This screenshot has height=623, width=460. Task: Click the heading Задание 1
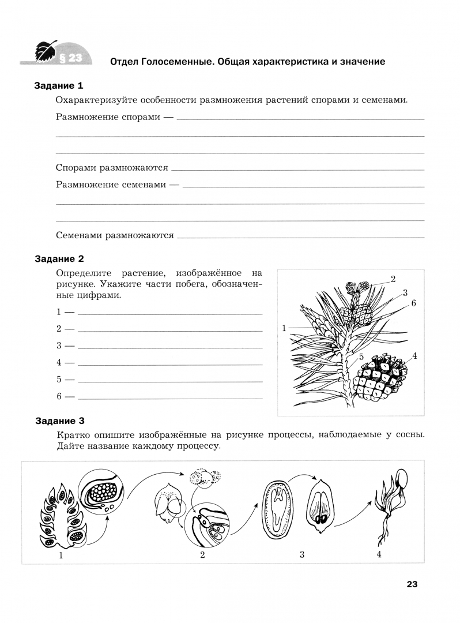coord(59,86)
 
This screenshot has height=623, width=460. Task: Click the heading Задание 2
coord(59,259)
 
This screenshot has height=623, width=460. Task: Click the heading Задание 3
coord(59,421)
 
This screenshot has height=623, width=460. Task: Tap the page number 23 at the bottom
coord(412,584)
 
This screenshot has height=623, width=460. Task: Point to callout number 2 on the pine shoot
coord(393,279)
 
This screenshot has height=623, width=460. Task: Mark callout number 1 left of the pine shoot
coord(285,328)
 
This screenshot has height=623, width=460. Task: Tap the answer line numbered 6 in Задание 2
coord(169,399)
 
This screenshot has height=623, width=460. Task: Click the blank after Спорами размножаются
coord(297,170)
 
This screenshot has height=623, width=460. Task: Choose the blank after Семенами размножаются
coord(300,238)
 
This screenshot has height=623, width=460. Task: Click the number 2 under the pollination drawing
coord(202,556)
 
